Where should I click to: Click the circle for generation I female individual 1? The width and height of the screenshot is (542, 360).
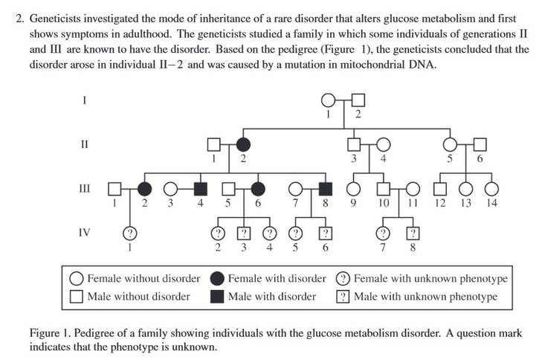click(x=328, y=100)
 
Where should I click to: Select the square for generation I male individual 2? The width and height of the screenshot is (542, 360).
click(x=358, y=100)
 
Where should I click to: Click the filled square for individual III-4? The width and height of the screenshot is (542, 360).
click(x=200, y=188)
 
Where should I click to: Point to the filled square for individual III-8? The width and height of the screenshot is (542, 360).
click(x=325, y=188)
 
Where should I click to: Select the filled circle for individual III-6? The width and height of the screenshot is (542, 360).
click(x=258, y=188)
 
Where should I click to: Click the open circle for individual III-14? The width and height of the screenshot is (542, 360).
click(x=491, y=188)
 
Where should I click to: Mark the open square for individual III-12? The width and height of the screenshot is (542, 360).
click(x=440, y=188)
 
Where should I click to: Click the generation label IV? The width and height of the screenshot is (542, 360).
click(x=84, y=232)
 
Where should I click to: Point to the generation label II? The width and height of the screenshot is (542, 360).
click(x=84, y=144)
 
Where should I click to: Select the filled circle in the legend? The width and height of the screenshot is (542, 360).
click(x=218, y=279)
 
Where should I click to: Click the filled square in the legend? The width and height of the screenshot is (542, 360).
click(x=218, y=297)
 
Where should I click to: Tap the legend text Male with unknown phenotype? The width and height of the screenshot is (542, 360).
click(x=425, y=297)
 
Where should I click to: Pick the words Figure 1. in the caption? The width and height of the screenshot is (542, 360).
click(x=49, y=332)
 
